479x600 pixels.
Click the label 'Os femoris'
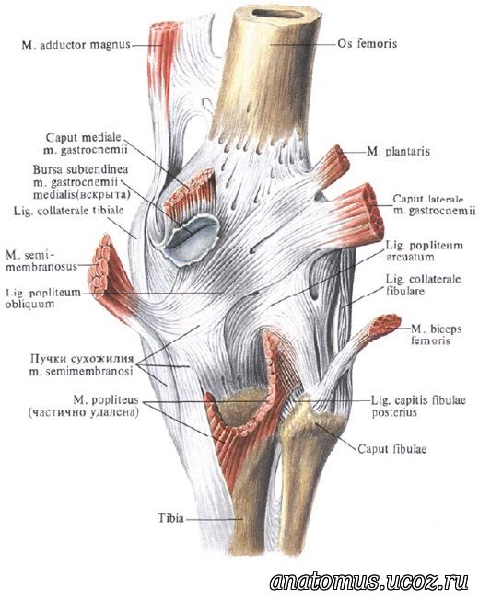367,43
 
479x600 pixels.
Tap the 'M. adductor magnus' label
76,45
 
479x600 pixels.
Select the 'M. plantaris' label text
399,152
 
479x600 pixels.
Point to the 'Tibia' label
171,518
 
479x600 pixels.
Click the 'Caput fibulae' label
392,448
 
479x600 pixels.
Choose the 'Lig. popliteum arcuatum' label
425,250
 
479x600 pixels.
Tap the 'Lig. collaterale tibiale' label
69,211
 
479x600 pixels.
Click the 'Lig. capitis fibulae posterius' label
418,407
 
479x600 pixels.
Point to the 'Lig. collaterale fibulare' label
423,285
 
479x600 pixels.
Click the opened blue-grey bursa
192,240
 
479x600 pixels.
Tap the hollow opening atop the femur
278,14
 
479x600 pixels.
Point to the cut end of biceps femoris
388,323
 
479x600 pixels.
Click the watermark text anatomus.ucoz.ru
369,582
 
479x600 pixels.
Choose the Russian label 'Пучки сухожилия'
82,359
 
